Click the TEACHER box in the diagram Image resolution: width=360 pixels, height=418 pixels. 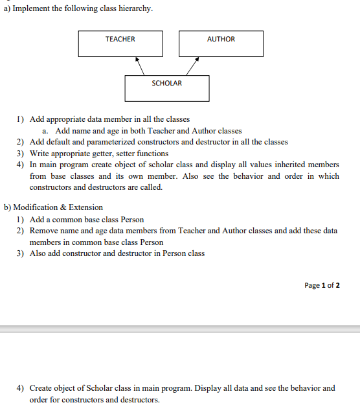tap(120, 43)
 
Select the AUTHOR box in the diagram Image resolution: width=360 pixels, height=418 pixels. tap(221, 43)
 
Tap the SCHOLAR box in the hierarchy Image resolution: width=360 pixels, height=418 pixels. tap(166, 88)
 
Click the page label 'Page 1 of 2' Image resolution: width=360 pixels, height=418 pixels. tap(322, 285)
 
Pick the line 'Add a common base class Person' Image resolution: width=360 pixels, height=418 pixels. tap(87, 219)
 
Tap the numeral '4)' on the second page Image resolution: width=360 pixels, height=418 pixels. tap(21, 388)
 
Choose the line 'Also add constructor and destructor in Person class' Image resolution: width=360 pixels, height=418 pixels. tap(117, 253)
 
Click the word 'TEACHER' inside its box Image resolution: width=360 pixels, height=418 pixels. tap(120, 39)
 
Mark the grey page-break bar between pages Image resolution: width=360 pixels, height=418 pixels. tap(180, 329)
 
